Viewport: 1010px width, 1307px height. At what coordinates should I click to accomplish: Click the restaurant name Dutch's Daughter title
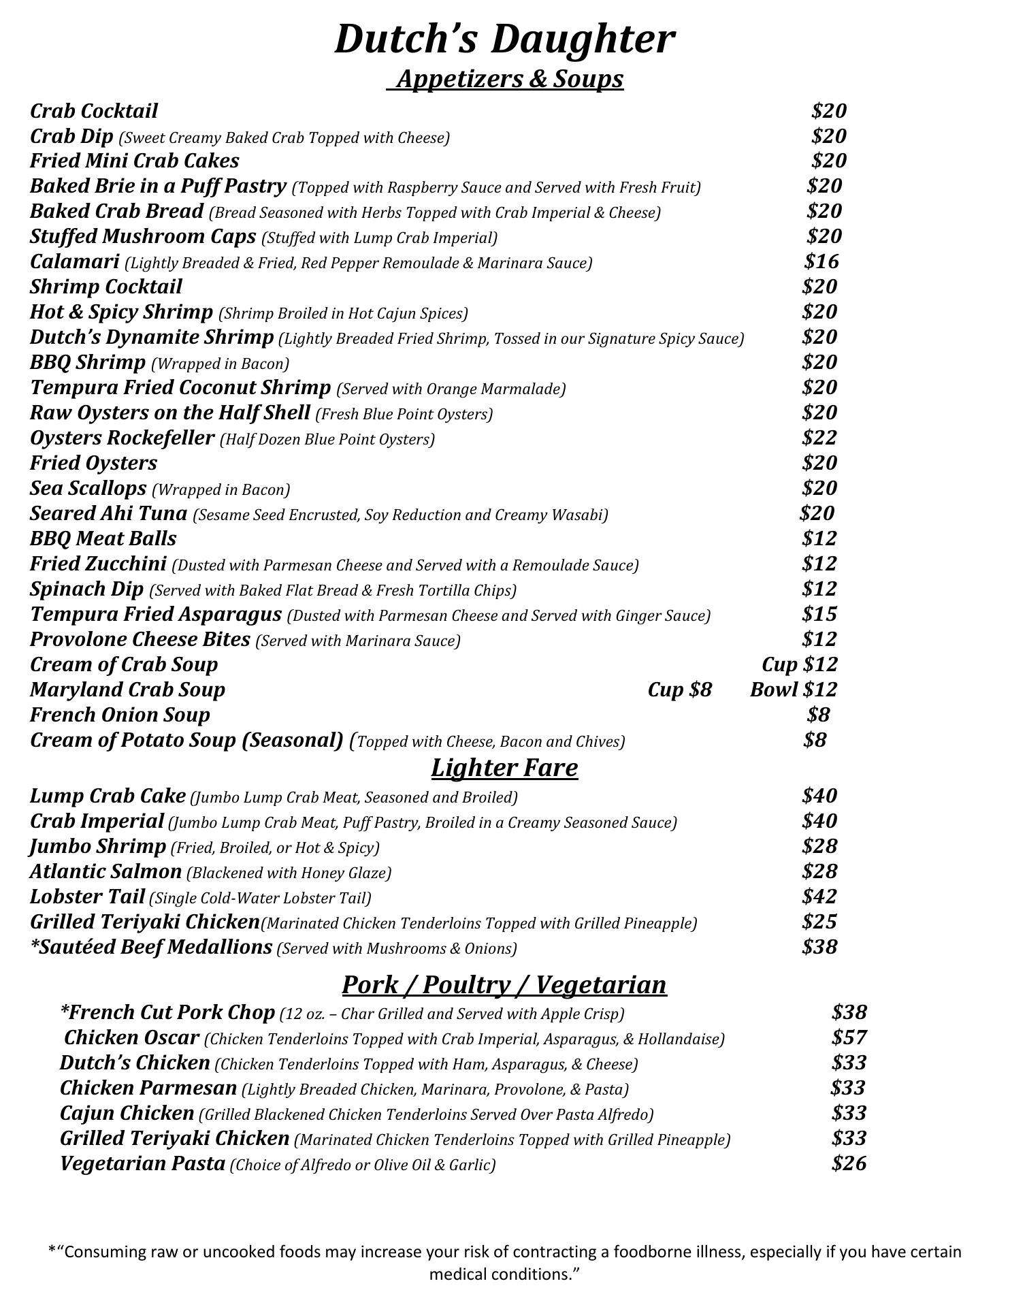click(504, 39)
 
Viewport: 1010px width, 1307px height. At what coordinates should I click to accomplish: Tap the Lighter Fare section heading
click(504, 768)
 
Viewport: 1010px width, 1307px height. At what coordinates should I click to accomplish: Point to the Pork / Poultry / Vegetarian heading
click(504, 985)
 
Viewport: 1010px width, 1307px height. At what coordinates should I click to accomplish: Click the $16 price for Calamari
click(821, 261)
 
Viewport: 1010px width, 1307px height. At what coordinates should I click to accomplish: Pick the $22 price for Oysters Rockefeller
click(819, 438)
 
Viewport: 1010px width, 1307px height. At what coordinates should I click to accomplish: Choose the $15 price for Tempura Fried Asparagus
click(819, 614)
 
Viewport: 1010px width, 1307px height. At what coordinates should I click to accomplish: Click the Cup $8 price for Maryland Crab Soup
click(679, 690)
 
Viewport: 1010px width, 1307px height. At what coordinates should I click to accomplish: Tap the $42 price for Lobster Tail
click(819, 897)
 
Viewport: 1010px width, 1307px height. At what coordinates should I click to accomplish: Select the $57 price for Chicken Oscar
click(849, 1037)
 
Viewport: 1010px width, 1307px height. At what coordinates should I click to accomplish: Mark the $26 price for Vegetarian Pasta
click(849, 1163)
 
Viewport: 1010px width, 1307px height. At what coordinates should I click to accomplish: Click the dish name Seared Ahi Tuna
click(109, 513)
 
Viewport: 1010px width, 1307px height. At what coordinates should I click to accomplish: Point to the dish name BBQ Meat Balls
click(103, 538)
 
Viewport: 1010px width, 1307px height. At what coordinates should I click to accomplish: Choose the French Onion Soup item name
click(120, 715)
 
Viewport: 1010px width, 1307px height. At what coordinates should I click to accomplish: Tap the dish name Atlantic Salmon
click(106, 871)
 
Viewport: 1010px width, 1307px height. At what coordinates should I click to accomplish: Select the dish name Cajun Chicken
click(127, 1113)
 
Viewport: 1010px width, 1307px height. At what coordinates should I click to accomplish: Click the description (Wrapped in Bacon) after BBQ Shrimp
click(220, 364)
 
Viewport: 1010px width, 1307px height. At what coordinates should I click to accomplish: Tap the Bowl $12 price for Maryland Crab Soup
click(794, 690)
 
